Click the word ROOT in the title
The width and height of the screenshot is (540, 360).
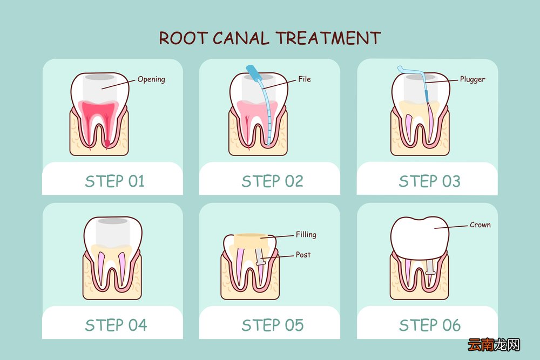183,38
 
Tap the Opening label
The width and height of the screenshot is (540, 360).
151,79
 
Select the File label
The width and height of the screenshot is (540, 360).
305,79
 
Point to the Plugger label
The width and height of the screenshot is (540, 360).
473,79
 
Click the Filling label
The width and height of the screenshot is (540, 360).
306,234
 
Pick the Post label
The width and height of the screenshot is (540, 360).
303,255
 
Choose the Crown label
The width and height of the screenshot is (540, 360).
480,225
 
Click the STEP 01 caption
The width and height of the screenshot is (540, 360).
114,181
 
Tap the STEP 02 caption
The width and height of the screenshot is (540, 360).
272,181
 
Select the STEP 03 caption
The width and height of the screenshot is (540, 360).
429,181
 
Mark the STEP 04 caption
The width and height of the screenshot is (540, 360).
116,325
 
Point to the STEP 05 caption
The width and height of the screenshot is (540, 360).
272,325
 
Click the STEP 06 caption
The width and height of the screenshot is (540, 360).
430,325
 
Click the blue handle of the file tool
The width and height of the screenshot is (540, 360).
253,72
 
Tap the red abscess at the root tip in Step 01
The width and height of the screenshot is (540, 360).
107,142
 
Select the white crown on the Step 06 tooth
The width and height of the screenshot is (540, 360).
420,237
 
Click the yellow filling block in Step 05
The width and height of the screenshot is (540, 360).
251,241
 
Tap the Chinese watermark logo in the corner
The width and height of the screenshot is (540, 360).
494,344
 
